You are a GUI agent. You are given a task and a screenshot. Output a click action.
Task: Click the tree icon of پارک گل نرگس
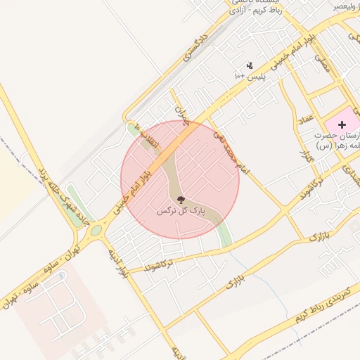tap(179, 200)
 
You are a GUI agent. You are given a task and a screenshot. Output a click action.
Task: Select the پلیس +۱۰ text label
tap(250, 75)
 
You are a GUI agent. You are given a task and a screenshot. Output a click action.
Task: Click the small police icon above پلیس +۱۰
tap(249, 65)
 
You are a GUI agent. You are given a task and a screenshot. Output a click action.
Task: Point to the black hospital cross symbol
tap(342, 124)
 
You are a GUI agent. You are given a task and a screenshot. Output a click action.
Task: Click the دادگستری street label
tap(195, 46)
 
